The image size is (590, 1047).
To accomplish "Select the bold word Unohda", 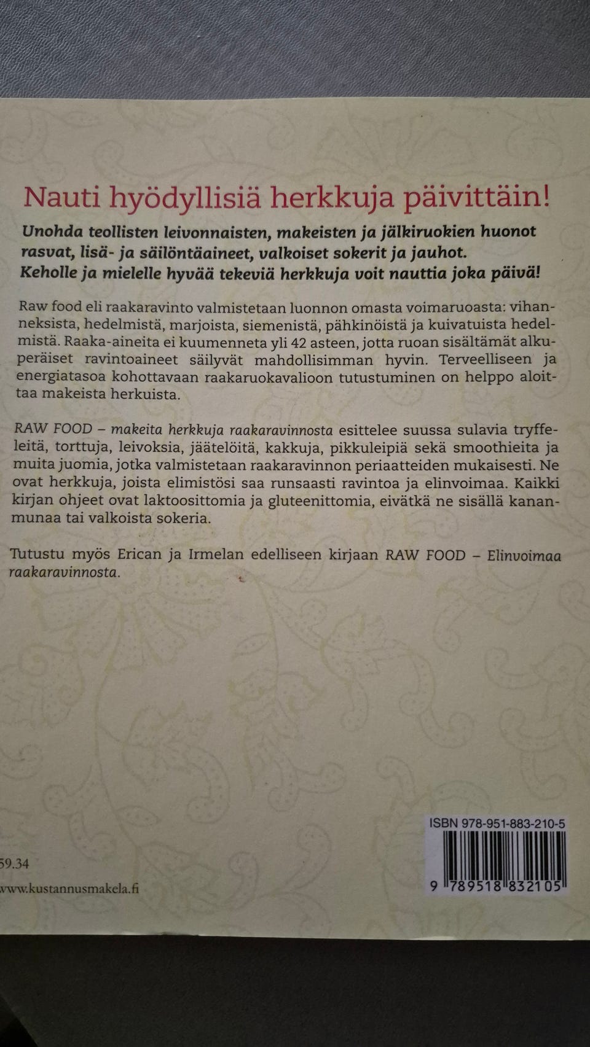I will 52,232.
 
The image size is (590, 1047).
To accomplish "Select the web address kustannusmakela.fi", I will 69,888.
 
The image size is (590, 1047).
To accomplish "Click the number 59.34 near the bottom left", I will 15,863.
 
